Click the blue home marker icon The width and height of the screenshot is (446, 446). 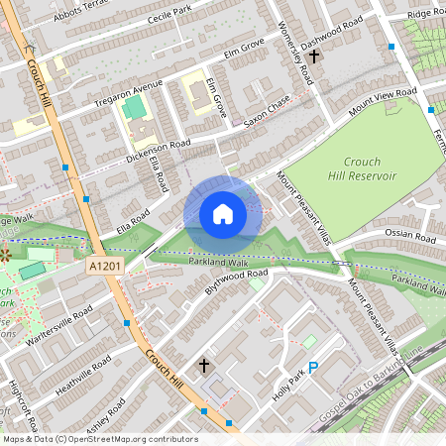coord(222,213)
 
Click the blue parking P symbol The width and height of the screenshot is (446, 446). coord(313,369)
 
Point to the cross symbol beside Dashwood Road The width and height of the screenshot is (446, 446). coord(315,58)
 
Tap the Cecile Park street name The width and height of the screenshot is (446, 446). coord(167,15)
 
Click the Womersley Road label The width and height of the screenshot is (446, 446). coord(297,50)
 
